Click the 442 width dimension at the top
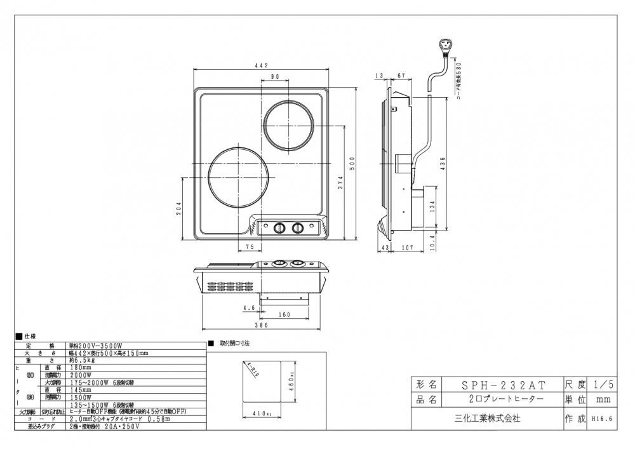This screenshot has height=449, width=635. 262,65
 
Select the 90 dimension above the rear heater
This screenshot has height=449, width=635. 276,77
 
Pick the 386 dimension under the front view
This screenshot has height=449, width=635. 262,325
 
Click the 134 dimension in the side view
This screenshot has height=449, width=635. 432,207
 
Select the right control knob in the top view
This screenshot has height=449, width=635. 297,227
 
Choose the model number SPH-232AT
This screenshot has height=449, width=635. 502,385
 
